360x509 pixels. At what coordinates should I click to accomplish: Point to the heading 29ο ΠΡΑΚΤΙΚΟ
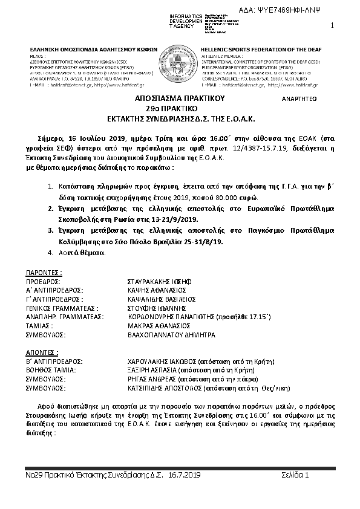[180, 107]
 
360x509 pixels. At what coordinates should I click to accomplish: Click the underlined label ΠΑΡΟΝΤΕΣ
[44, 273]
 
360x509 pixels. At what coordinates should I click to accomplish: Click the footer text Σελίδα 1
[295, 476]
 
